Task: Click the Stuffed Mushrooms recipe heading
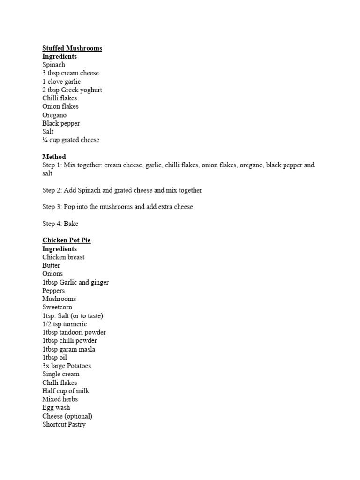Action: pyautogui.click(x=72, y=48)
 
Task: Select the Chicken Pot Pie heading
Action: pyautogui.click(x=66, y=240)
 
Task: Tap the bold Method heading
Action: pyautogui.click(x=54, y=157)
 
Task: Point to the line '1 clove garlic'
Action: pyautogui.click(x=61, y=82)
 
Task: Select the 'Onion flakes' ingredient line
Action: pyautogui.click(x=60, y=106)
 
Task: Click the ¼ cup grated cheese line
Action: pyautogui.click(x=71, y=140)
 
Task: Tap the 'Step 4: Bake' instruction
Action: pyautogui.click(x=60, y=224)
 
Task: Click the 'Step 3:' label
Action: pyautogui.click(x=52, y=207)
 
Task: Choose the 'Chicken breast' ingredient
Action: pyautogui.click(x=63, y=257)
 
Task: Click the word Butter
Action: pyautogui.click(x=51, y=265)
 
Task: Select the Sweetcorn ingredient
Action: pyautogui.click(x=57, y=307)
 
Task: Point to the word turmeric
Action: pyautogui.click(x=76, y=324)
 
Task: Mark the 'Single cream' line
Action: pyautogui.click(x=61, y=374)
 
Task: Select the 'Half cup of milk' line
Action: pyautogui.click(x=66, y=391)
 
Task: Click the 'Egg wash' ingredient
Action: pyautogui.click(x=56, y=407)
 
